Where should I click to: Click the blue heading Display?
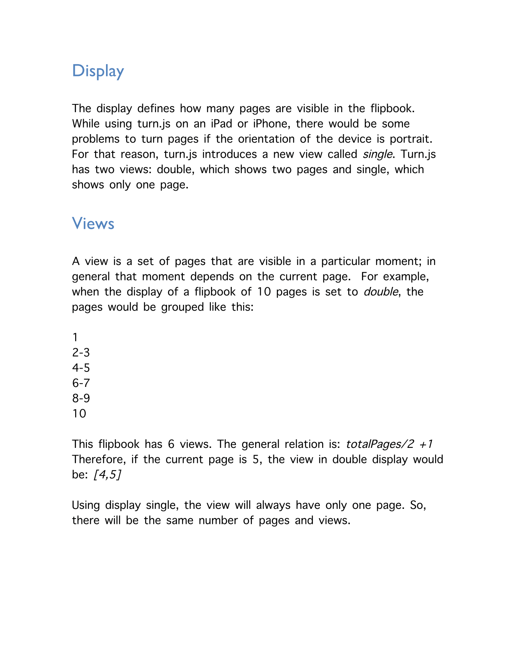pyautogui.click(x=98, y=71)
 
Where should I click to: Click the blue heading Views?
pyautogui.click(x=93, y=224)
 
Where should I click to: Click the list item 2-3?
pyautogui.click(x=81, y=353)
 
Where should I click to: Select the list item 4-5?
pyautogui.click(x=81, y=368)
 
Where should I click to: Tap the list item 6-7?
pyautogui.click(x=81, y=383)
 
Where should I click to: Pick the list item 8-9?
pyautogui.click(x=81, y=398)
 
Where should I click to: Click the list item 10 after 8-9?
pyautogui.click(x=79, y=414)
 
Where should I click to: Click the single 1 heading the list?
pyautogui.click(x=75, y=338)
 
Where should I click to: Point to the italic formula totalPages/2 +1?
pyautogui.click(x=389, y=444)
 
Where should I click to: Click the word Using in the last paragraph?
pyautogui.click(x=86, y=506)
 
